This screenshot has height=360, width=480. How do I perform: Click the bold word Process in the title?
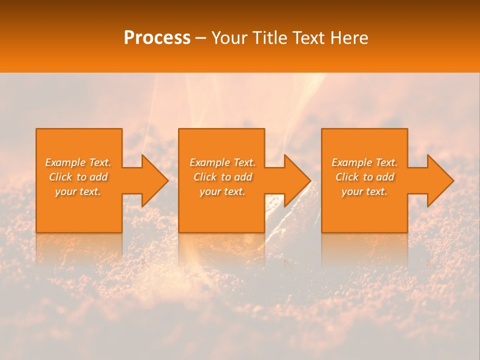[x=157, y=38]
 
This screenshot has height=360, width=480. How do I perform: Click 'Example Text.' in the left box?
[x=78, y=162]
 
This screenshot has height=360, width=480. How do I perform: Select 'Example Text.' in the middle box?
[x=222, y=162]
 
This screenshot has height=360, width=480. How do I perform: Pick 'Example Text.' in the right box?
[x=364, y=162]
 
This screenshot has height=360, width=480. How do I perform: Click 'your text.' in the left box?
[x=78, y=191]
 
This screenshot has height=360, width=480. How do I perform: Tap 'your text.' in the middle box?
[x=222, y=191]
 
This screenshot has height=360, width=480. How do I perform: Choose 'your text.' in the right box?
[x=364, y=191]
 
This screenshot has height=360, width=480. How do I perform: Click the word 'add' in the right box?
[x=385, y=177]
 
